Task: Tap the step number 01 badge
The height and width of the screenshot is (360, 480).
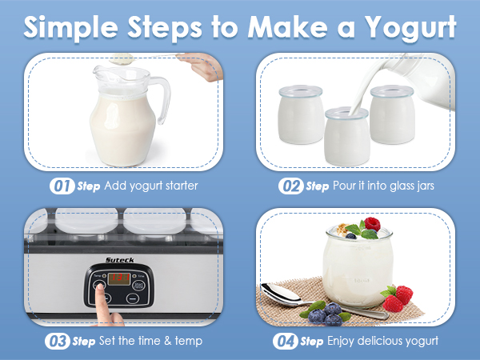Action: point(62,186)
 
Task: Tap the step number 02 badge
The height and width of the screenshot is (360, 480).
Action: point(291,186)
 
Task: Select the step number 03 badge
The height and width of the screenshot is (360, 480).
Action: point(59,341)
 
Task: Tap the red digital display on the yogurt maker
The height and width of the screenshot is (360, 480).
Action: point(121,280)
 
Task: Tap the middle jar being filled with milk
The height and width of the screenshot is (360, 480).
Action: point(346,136)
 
